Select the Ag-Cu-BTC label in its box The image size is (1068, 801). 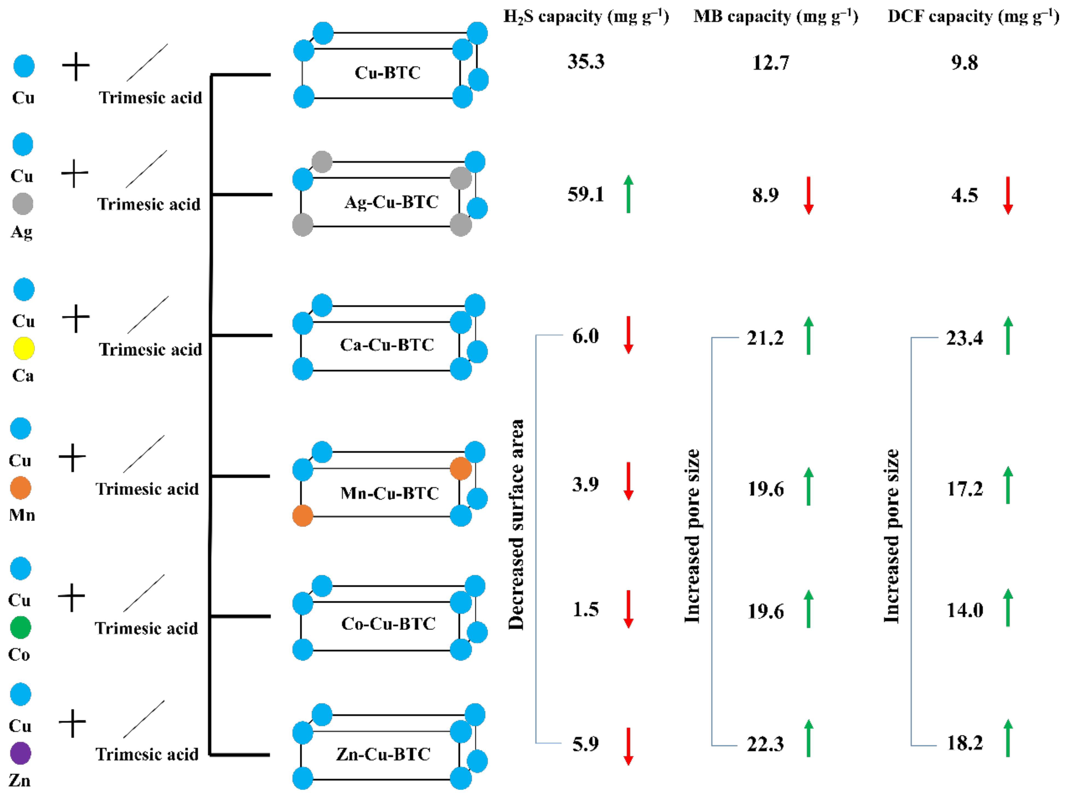(x=391, y=202)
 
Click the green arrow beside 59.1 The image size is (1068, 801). (x=628, y=194)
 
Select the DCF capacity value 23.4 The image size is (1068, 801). (x=964, y=338)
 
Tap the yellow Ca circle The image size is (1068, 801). (x=24, y=348)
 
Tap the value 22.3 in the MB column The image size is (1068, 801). (x=765, y=745)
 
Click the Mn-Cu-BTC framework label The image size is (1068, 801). (x=390, y=493)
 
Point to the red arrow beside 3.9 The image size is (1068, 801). (x=628, y=481)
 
